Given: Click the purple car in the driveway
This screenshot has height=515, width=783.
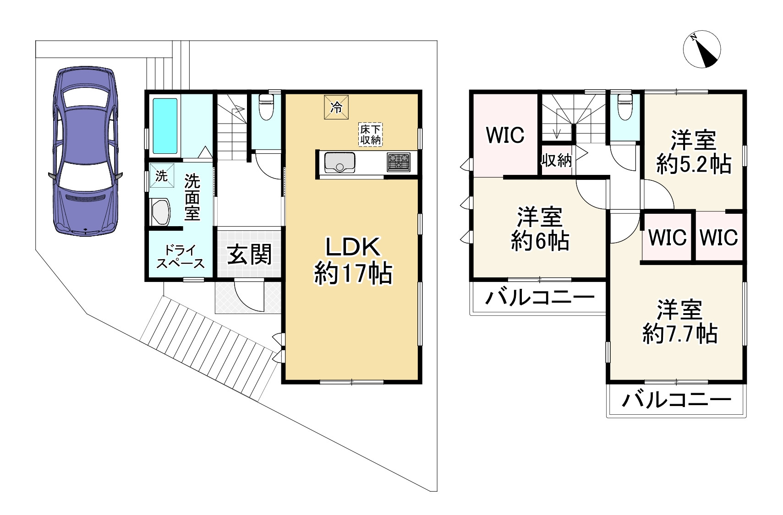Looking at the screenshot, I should click(85, 151).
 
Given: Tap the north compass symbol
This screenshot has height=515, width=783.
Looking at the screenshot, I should click(701, 49).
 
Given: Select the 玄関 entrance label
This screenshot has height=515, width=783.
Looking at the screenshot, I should click(250, 255).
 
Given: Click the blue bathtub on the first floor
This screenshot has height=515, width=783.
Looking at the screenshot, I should click(164, 125).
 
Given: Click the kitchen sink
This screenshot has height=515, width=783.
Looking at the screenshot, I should click(339, 163).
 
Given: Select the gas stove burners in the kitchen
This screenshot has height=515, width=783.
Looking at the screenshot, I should click(399, 162).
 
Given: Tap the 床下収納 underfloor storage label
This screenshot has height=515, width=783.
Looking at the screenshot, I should click(370, 135).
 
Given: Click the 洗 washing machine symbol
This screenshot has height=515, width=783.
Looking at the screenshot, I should click(161, 176).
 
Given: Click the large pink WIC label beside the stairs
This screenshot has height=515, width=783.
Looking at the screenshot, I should click(505, 135).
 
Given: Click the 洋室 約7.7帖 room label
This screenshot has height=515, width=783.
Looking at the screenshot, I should click(680, 322).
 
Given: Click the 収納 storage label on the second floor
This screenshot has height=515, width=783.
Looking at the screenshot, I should click(556, 161).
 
